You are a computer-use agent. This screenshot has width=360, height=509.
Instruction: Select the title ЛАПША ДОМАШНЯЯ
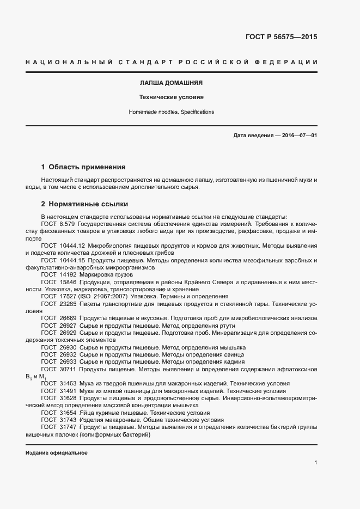coord(172,84)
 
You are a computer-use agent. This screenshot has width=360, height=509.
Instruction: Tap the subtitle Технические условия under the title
coord(172,98)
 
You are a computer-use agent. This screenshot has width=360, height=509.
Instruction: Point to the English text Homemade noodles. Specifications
coord(172,112)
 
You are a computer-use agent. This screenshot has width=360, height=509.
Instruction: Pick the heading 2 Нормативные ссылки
coord(84,204)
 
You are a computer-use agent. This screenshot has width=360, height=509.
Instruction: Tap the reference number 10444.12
coord(71,246)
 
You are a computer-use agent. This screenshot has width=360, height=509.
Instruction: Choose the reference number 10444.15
coord(71,260)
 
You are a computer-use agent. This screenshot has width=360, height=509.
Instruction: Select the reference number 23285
coord(68,304)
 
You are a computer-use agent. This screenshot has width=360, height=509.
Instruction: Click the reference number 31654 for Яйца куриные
coord(68,413)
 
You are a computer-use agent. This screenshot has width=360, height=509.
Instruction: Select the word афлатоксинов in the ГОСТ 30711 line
coord(298,369)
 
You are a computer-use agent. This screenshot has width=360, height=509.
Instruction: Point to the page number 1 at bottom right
coord(315,463)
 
